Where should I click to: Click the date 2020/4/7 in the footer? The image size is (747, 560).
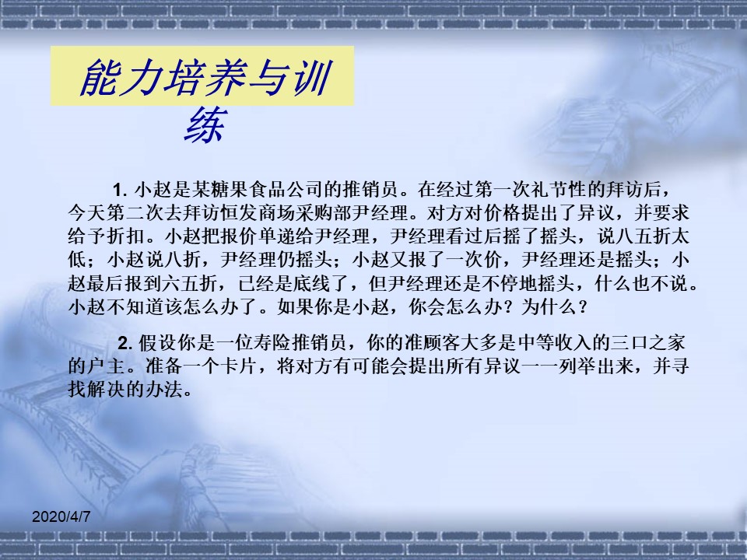coord(61,516)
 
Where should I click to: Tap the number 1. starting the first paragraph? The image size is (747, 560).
coord(120,191)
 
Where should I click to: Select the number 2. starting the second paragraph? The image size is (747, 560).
coord(125,343)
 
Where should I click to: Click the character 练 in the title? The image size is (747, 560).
coord(205,125)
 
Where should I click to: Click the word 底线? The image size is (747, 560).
coord(314,284)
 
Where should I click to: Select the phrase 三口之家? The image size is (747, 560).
coord(648,343)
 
